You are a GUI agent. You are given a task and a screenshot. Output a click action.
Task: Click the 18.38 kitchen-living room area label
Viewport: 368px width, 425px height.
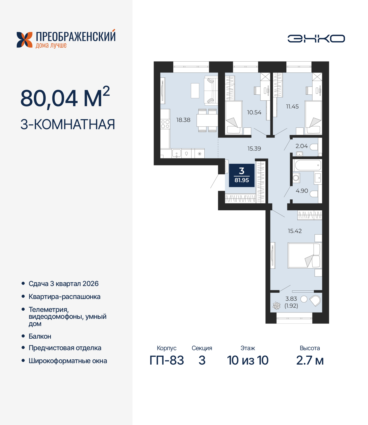[183, 120]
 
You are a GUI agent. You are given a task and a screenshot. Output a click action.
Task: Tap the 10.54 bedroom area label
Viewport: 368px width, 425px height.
[254, 112]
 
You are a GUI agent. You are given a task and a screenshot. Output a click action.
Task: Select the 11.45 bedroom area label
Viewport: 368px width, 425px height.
[292, 106]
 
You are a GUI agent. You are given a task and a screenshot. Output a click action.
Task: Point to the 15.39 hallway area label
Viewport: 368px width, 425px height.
[254, 148]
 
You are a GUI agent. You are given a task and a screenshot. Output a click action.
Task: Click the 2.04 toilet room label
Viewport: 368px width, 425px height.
[301, 146]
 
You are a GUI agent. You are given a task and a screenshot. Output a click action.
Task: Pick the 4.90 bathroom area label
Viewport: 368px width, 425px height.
[302, 191]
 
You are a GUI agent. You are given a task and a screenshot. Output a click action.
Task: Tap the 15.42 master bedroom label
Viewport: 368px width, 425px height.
[295, 231]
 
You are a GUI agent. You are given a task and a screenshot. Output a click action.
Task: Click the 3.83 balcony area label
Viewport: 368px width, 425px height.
[291, 299]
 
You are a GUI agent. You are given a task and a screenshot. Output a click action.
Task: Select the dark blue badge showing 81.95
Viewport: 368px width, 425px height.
[241, 175]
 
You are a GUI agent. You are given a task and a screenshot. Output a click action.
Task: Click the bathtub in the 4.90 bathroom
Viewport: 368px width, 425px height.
[308, 165]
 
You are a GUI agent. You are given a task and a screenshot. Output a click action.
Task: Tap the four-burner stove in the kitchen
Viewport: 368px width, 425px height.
[165, 124]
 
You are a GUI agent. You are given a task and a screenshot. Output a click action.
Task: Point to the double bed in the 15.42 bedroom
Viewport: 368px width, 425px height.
[304, 256]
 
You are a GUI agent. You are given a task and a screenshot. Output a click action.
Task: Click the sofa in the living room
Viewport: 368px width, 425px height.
[211, 90]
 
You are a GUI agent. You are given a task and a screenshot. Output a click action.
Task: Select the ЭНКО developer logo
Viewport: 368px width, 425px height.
[316, 39]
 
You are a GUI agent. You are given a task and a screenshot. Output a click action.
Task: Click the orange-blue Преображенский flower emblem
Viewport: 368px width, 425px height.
[24, 40]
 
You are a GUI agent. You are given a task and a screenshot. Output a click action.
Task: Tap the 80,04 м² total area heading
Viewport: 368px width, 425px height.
[65, 97]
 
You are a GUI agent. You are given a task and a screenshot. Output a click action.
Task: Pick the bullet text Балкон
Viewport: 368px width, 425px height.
[40, 336]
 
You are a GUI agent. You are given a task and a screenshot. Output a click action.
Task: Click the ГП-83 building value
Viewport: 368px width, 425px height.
[167, 360]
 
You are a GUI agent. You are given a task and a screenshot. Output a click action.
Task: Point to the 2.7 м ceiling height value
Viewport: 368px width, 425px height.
[310, 360]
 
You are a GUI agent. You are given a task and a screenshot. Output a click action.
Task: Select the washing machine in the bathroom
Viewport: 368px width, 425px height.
[296, 178]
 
